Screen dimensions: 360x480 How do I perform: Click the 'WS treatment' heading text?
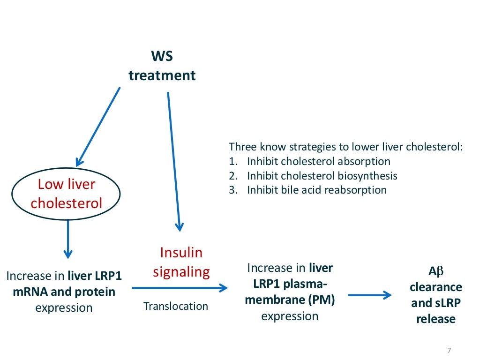(162, 66)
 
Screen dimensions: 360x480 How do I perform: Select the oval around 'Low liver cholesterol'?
(66, 194)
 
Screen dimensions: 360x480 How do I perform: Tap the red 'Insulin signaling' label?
(181, 262)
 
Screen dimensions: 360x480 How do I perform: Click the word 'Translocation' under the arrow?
(175, 306)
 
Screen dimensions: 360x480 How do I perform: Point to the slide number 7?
(449, 351)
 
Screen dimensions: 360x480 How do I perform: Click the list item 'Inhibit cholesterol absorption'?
(319, 161)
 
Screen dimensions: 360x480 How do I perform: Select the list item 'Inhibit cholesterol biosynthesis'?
(322, 176)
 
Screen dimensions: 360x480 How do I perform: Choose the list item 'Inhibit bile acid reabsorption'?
(317, 190)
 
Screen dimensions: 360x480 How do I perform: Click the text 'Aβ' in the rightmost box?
(436, 270)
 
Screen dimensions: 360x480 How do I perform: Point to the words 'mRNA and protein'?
(64, 292)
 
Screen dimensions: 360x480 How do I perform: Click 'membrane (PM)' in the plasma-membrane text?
(290, 300)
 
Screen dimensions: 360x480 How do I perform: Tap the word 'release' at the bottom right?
(436, 319)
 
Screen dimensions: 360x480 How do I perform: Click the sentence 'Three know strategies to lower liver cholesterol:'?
(345, 146)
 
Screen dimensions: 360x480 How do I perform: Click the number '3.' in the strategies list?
(233, 190)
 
